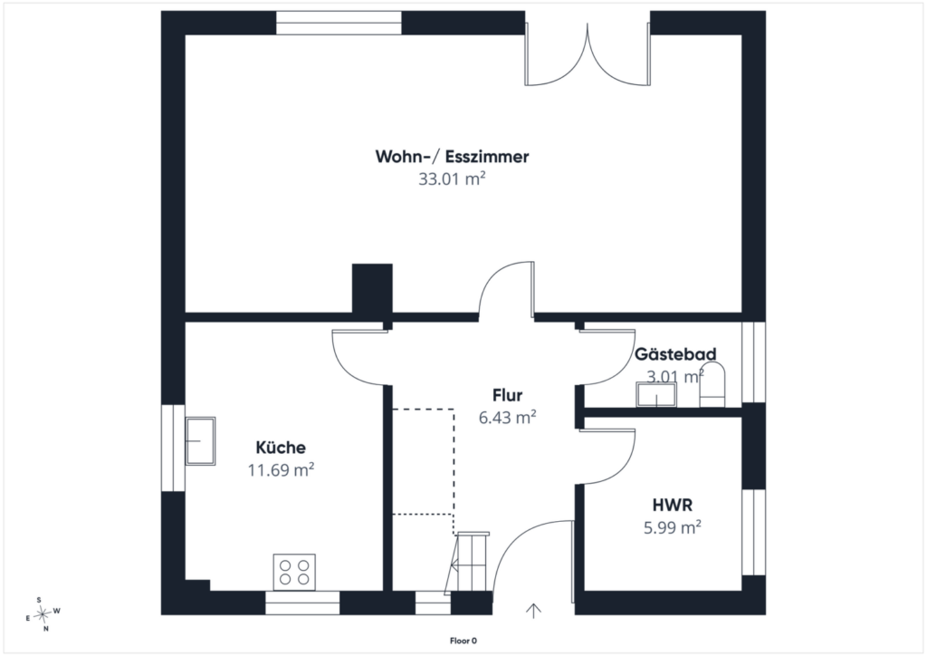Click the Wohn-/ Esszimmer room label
click(453, 157)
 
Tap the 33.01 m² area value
click(453, 178)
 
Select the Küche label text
click(281, 448)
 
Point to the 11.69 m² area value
click(281, 469)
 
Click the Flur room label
click(507, 395)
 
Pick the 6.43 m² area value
click(507, 418)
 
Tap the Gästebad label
click(675, 354)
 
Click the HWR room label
click(673, 506)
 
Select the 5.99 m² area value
click(673, 527)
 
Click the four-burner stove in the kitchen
click(294, 572)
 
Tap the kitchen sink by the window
click(200, 441)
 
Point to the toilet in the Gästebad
click(712, 385)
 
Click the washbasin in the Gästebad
click(656, 394)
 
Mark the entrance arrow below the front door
click(534, 611)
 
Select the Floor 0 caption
click(463, 641)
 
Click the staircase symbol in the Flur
click(468, 562)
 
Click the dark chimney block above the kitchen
click(372, 288)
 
